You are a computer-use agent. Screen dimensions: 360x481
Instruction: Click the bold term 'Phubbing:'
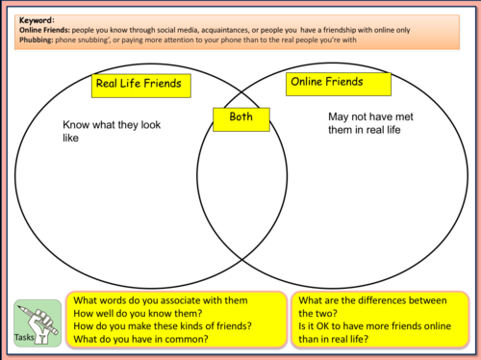coord(39,39)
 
